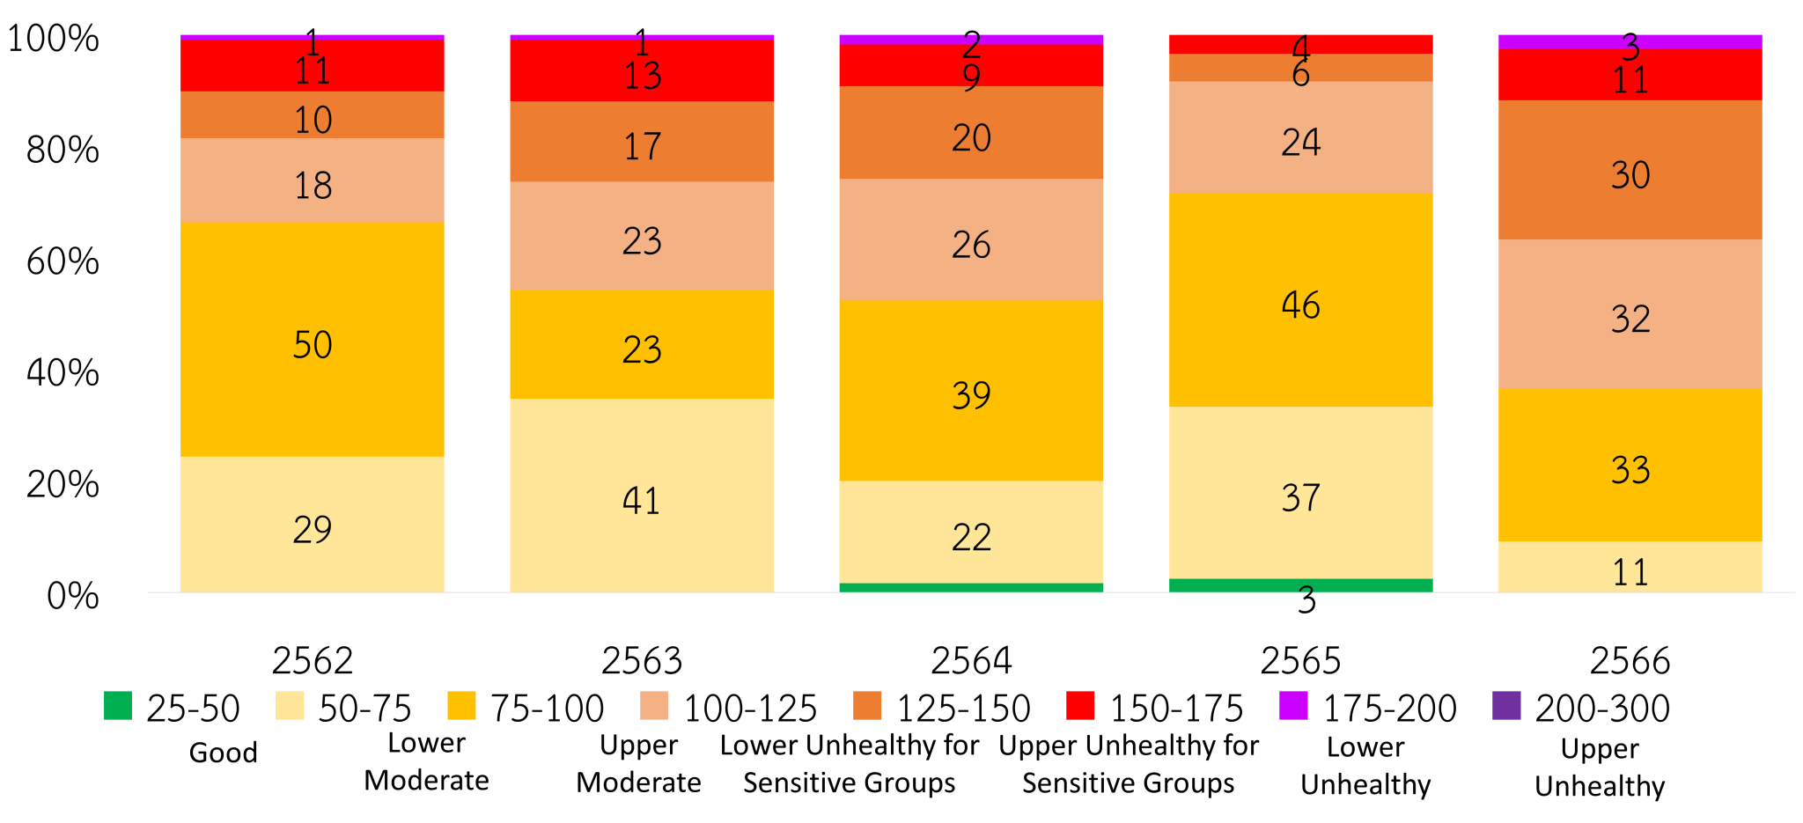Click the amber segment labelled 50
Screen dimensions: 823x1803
(313, 339)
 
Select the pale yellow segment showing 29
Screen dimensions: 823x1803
(313, 524)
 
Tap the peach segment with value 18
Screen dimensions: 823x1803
(313, 180)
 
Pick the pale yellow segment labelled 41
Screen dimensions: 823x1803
(642, 495)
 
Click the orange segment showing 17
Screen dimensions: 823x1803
(642, 142)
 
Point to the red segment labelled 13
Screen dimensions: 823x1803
(642, 70)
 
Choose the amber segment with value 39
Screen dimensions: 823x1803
(971, 390)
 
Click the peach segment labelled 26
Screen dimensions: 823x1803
(971, 239)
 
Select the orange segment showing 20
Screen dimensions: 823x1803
(971, 132)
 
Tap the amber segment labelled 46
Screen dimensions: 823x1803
(1300, 299)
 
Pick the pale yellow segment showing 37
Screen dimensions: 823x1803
(1300, 492)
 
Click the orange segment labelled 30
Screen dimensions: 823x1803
(1630, 170)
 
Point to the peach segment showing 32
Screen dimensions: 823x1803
(1630, 314)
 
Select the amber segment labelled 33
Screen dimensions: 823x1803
(1630, 465)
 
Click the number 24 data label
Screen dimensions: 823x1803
(1300, 143)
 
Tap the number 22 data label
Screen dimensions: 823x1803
(971, 538)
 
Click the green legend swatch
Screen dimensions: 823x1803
(118, 705)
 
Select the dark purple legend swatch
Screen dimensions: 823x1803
(1506, 705)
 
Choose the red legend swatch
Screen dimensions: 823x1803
(1080, 705)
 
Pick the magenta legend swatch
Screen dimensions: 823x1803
(1293, 705)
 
